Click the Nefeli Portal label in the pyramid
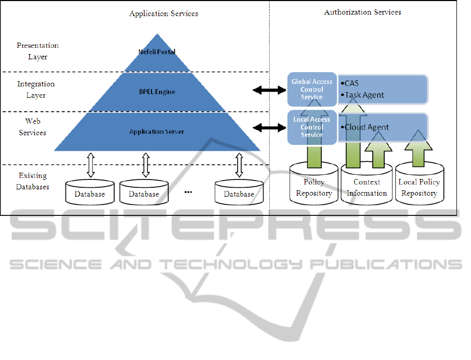click(x=156, y=52)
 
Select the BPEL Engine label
click(x=156, y=92)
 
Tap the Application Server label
click(x=156, y=132)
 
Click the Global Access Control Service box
click(x=312, y=89)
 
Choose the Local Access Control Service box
click(x=312, y=127)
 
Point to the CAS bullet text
click(x=351, y=83)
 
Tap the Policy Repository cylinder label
click(x=314, y=188)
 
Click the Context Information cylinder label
click(x=367, y=188)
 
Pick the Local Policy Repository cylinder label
click(x=419, y=188)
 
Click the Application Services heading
click(x=164, y=14)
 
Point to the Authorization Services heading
click(x=362, y=12)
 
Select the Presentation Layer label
click(x=37, y=51)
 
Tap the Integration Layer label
click(x=36, y=89)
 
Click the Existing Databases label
click(x=33, y=182)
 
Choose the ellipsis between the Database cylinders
click(x=188, y=192)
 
